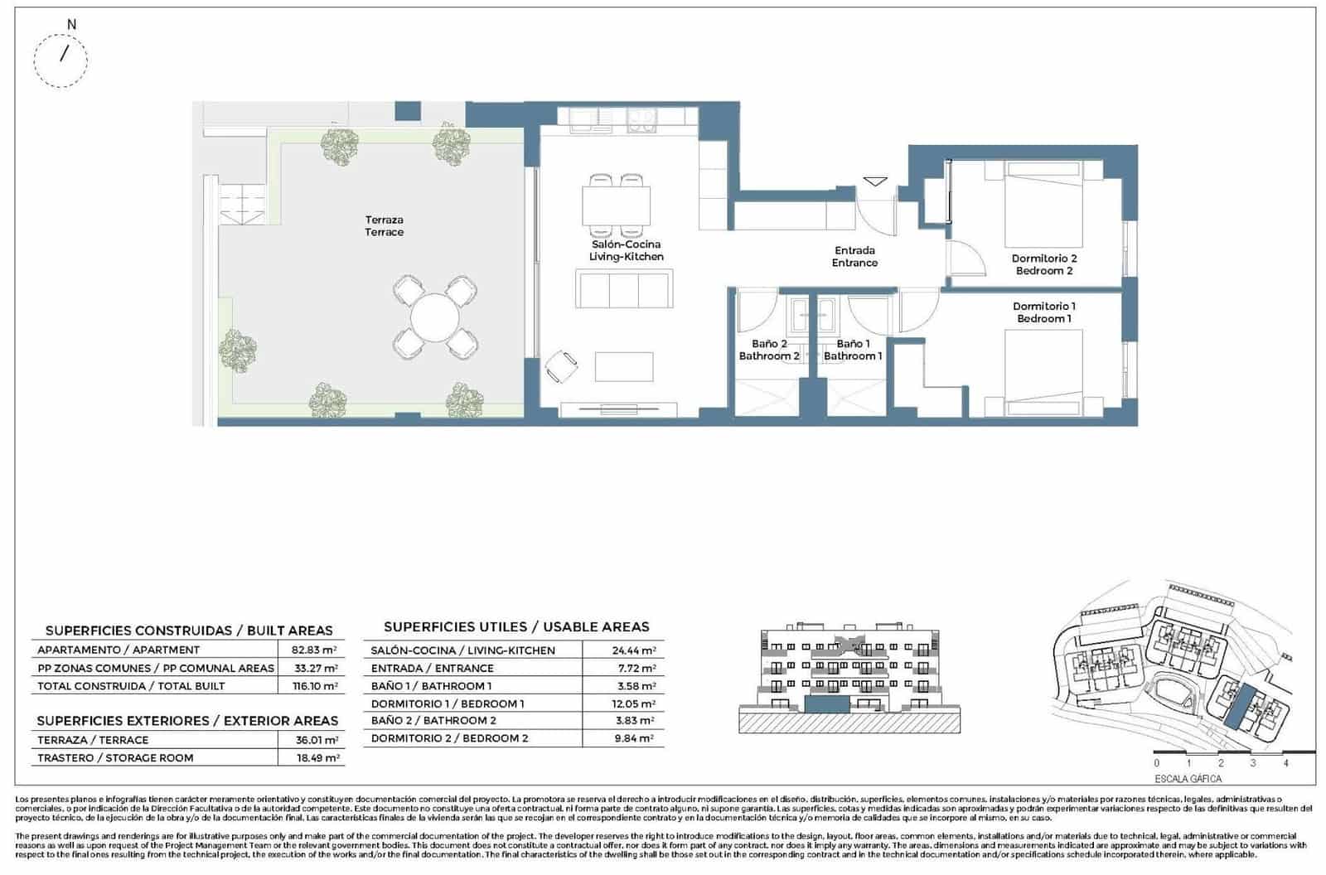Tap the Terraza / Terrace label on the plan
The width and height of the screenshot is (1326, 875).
[384, 225]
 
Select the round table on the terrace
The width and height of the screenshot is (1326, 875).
[435, 317]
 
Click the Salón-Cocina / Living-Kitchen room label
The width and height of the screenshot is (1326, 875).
[626, 250]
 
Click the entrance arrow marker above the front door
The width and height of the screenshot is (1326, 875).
[875, 181]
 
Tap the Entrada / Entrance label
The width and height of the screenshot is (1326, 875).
[854, 256]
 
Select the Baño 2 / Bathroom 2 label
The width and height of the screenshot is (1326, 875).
[769, 350]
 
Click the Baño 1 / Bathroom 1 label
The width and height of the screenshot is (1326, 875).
[853, 350]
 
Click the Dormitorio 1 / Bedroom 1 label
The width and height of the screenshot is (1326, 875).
[1043, 312]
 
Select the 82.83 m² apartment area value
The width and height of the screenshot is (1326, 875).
[313, 650]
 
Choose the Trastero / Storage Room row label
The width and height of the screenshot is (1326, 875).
[115, 758]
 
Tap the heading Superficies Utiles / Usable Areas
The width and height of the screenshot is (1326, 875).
[516, 627]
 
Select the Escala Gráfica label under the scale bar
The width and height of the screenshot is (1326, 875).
[1188, 779]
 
